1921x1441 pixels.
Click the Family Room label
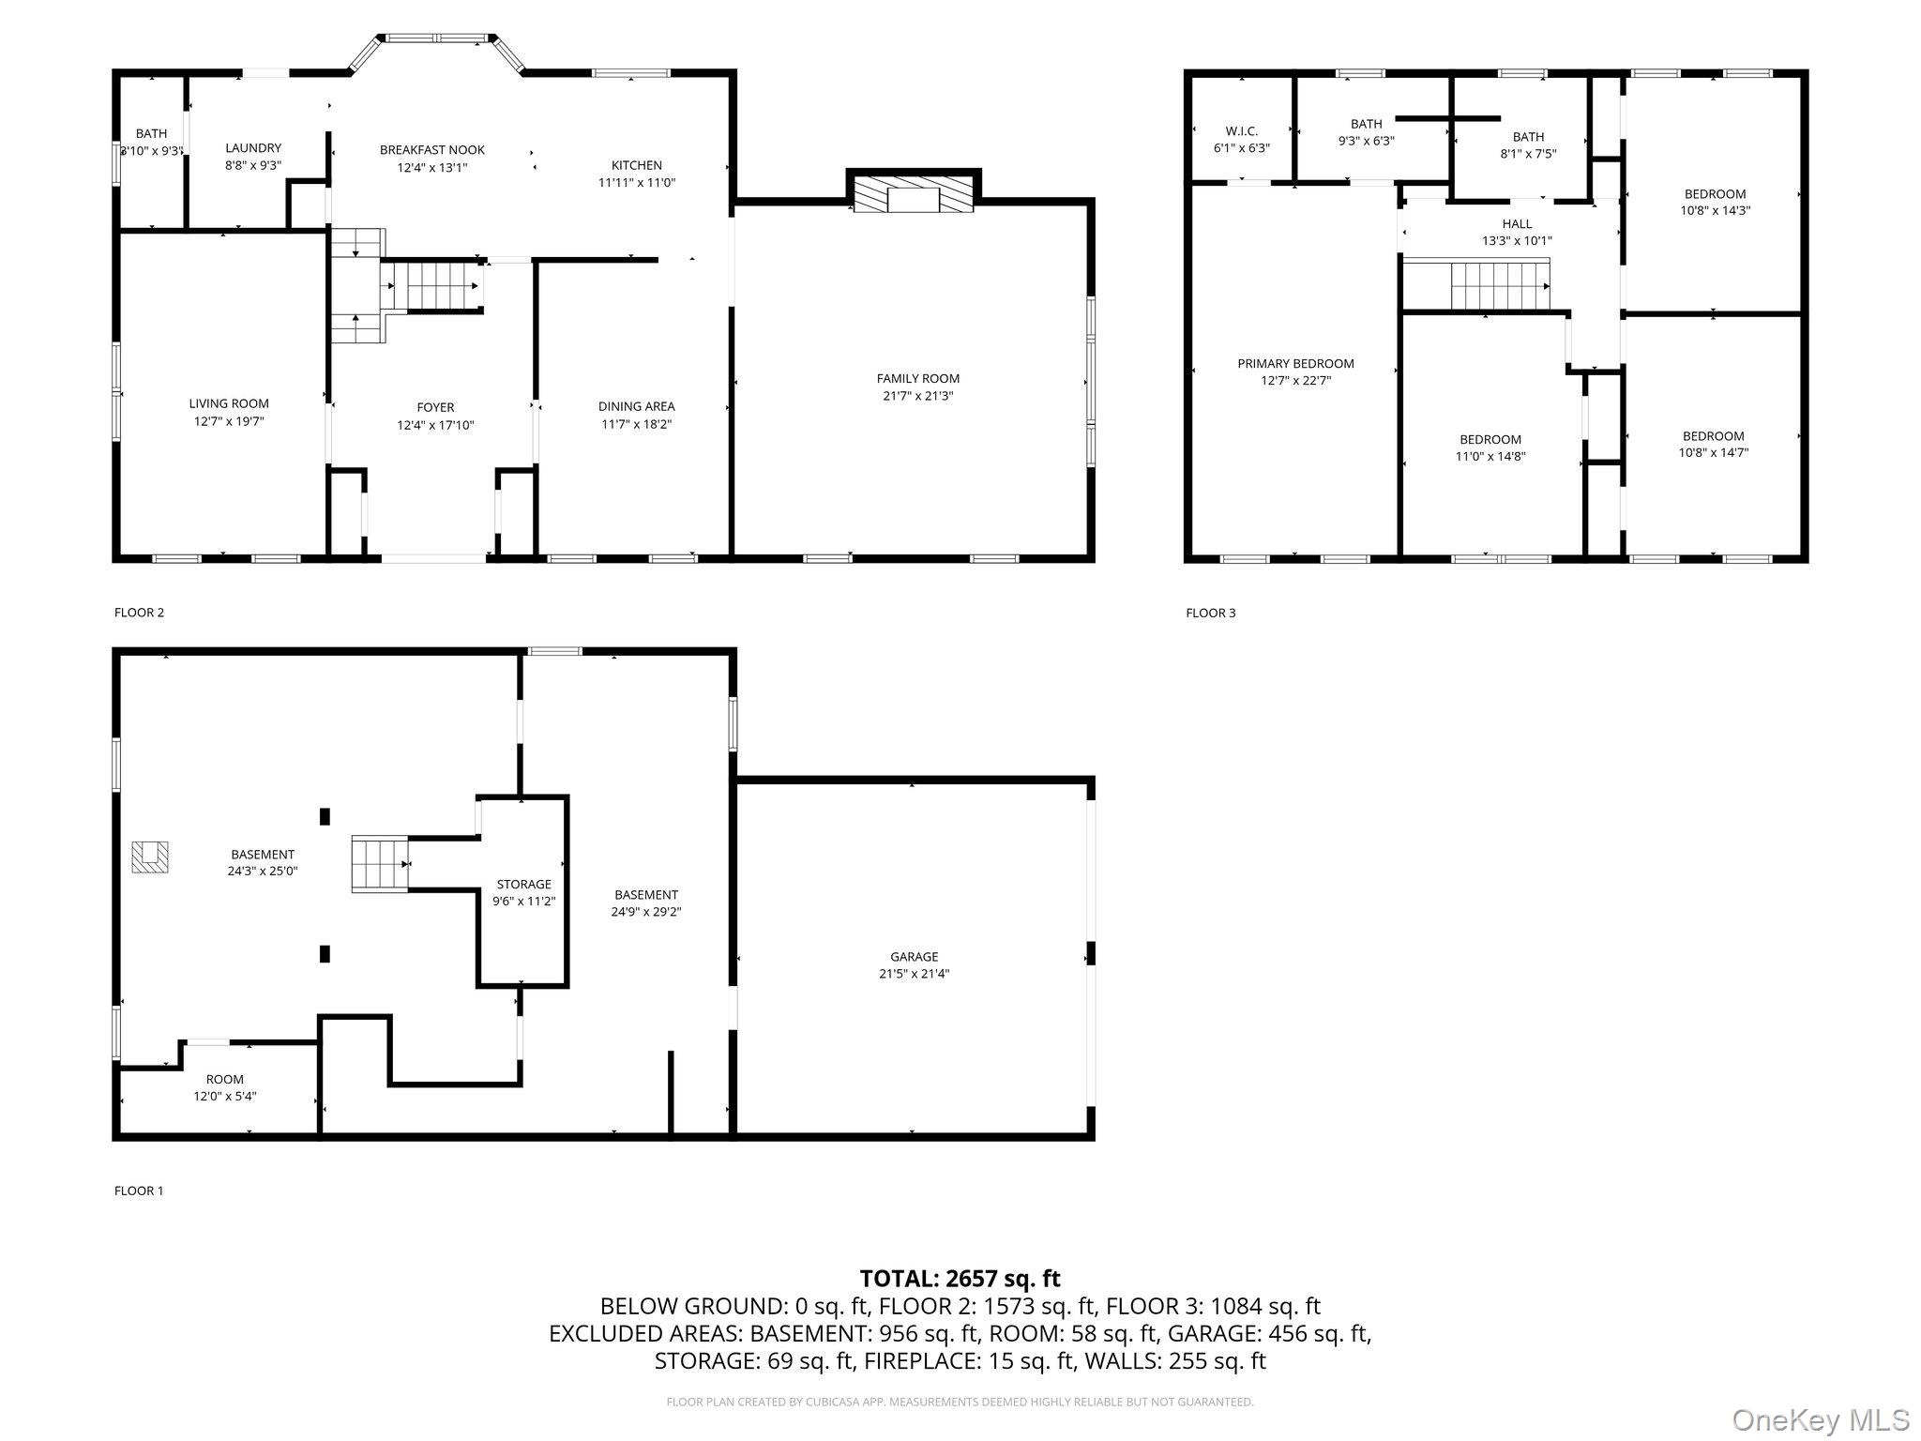(918, 378)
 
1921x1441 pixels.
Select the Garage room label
(914, 957)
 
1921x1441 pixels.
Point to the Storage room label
(523, 884)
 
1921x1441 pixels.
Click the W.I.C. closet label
(1241, 131)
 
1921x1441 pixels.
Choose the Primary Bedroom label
(1295, 363)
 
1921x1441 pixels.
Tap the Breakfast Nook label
(432, 150)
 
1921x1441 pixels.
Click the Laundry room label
(253, 148)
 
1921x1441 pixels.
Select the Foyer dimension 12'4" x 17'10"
(435, 425)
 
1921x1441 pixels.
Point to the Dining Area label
(637, 406)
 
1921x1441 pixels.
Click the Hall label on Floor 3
(1517, 223)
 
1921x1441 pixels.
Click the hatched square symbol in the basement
(150, 857)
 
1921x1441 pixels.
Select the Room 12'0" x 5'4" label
(225, 1087)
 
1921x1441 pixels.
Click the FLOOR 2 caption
(139, 613)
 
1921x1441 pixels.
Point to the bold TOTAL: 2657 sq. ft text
(960, 1278)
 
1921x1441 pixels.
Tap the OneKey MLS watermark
(1820, 1419)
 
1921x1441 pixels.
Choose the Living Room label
(229, 403)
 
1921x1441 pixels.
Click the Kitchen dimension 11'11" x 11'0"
(637, 183)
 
